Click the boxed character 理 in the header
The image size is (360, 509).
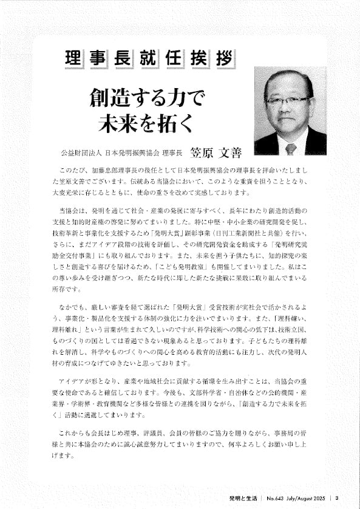[x=73, y=60]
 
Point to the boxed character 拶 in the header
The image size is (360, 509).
[x=220, y=60]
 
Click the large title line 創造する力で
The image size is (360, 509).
[x=148, y=97]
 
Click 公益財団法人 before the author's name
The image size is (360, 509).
[x=76, y=152]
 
